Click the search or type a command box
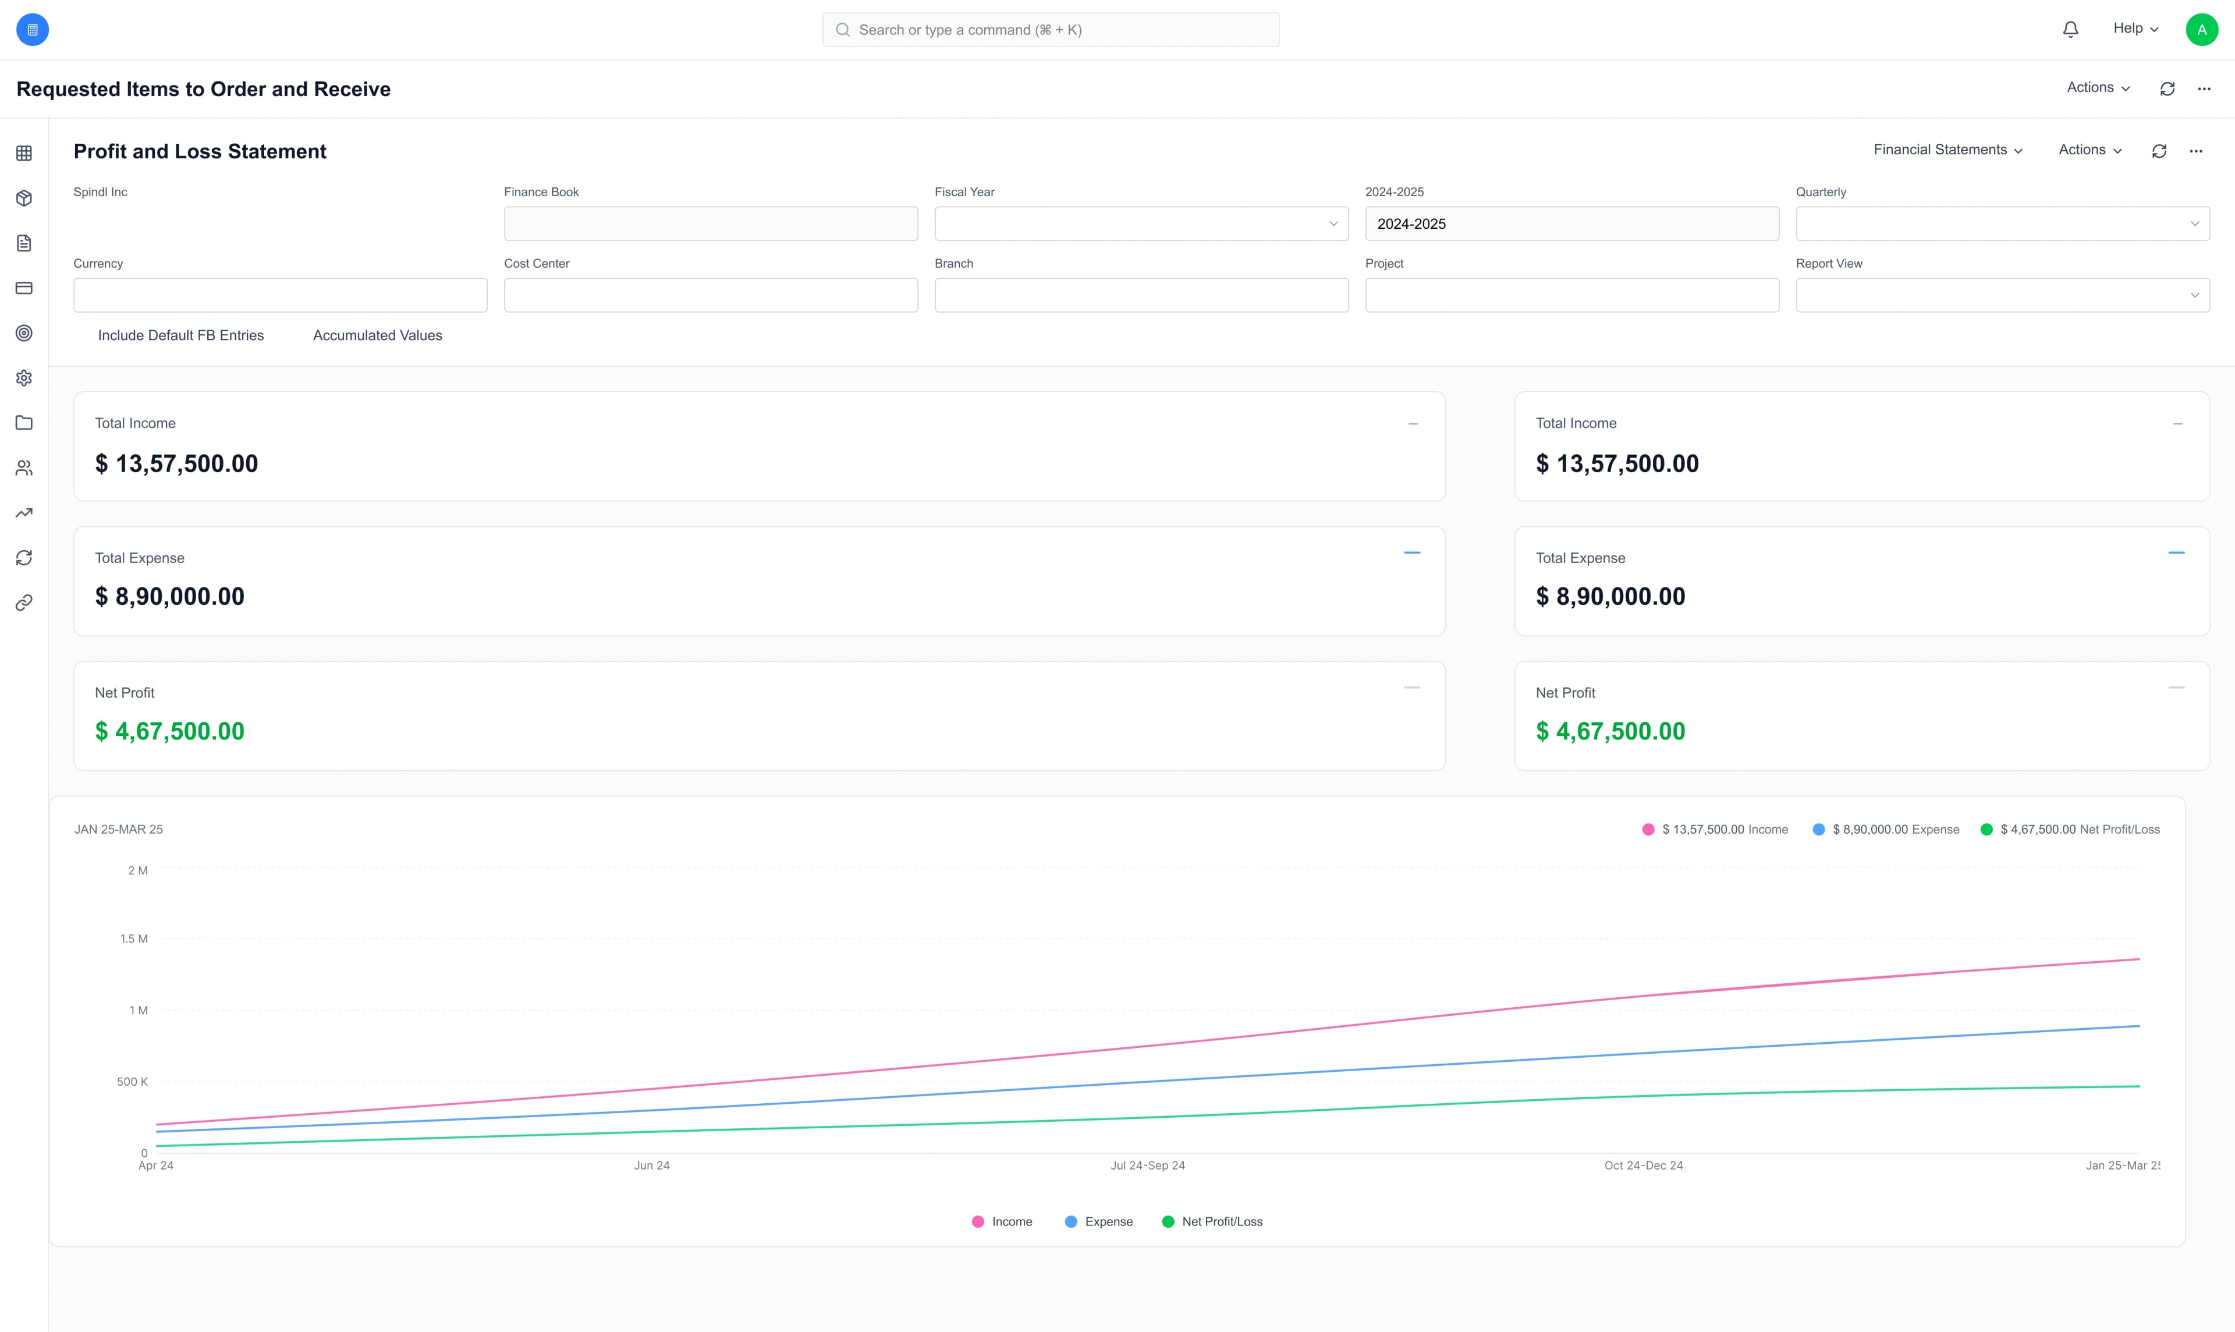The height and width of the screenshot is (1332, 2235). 1050,30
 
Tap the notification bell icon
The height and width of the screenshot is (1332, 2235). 2070,30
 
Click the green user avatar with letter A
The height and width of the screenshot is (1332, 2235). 2201,30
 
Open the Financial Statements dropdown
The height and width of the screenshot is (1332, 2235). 1947,150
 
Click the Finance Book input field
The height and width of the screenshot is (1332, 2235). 711,224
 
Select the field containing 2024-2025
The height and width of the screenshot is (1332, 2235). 1571,224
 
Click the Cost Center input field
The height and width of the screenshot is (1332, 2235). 711,295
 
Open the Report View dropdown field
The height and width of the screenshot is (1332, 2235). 2002,295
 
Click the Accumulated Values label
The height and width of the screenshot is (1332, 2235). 377,336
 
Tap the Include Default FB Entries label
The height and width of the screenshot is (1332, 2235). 180,336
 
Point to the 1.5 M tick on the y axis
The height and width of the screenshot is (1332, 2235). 134,939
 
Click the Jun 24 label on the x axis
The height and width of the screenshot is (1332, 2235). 651,1166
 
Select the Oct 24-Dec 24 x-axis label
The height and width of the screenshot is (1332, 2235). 1643,1166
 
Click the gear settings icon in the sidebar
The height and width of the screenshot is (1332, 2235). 24,378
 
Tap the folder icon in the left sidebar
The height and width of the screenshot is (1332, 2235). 24,423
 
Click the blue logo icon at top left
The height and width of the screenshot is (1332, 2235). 32,30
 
